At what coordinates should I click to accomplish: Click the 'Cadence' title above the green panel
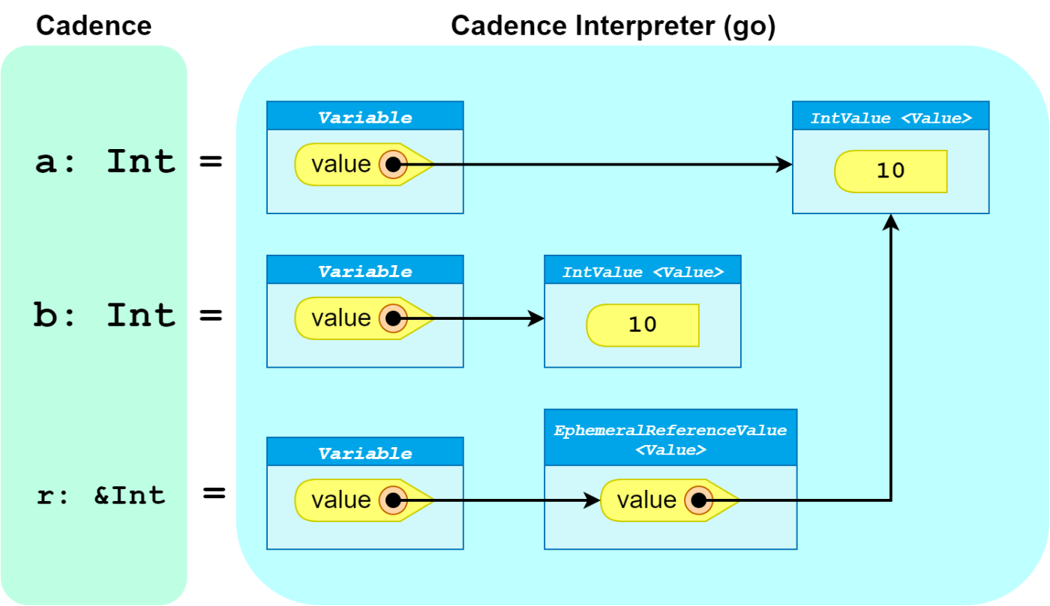[94, 25]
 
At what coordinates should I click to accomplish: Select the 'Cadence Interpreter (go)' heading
[613, 26]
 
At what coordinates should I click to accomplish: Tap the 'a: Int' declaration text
[106, 162]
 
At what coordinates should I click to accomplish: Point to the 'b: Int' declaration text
[104, 315]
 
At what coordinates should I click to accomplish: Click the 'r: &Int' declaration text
[101, 495]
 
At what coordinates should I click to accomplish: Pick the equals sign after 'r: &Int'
[214, 493]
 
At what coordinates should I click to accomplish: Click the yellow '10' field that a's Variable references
[891, 172]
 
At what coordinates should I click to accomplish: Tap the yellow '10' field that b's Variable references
[643, 326]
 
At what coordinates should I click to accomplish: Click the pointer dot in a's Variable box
[393, 164]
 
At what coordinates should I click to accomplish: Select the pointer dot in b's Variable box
[393, 318]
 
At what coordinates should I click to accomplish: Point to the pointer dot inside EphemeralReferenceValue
[698, 500]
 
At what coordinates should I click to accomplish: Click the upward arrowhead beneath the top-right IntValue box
[891, 222]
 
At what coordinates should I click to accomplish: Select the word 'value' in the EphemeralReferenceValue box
[646, 500]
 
